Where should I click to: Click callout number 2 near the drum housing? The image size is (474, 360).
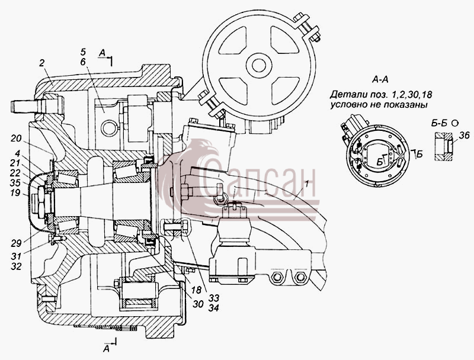41,63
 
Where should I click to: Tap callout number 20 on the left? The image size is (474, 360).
17,139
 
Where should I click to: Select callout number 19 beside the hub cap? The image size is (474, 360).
15,192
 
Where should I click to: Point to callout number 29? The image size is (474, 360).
17,243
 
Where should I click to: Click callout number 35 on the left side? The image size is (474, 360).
15,183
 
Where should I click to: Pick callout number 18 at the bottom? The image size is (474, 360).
196,290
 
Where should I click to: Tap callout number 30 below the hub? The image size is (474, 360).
198,304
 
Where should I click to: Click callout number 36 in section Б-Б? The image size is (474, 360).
464,136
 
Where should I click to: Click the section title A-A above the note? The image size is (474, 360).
380,80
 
